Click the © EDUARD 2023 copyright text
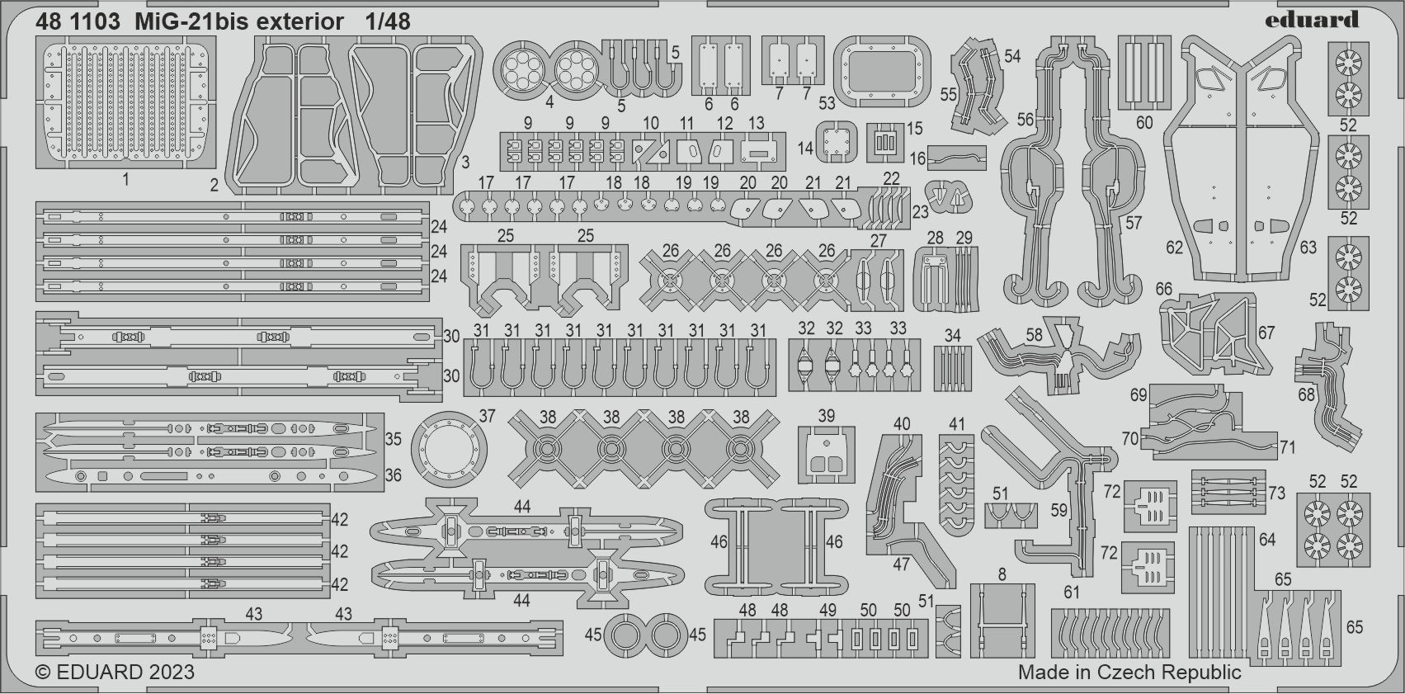[115, 672]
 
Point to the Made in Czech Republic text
[1129, 672]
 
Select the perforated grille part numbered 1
[127, 101]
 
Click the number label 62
[1174, 247]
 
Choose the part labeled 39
[827, 454]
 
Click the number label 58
[1034, 335]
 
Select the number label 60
[1143, 123]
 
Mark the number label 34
[953, 336]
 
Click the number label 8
[1002, 574]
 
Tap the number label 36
[393, 475]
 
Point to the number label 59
[1059, 511]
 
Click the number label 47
[901, 564]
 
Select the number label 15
[914, 129]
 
